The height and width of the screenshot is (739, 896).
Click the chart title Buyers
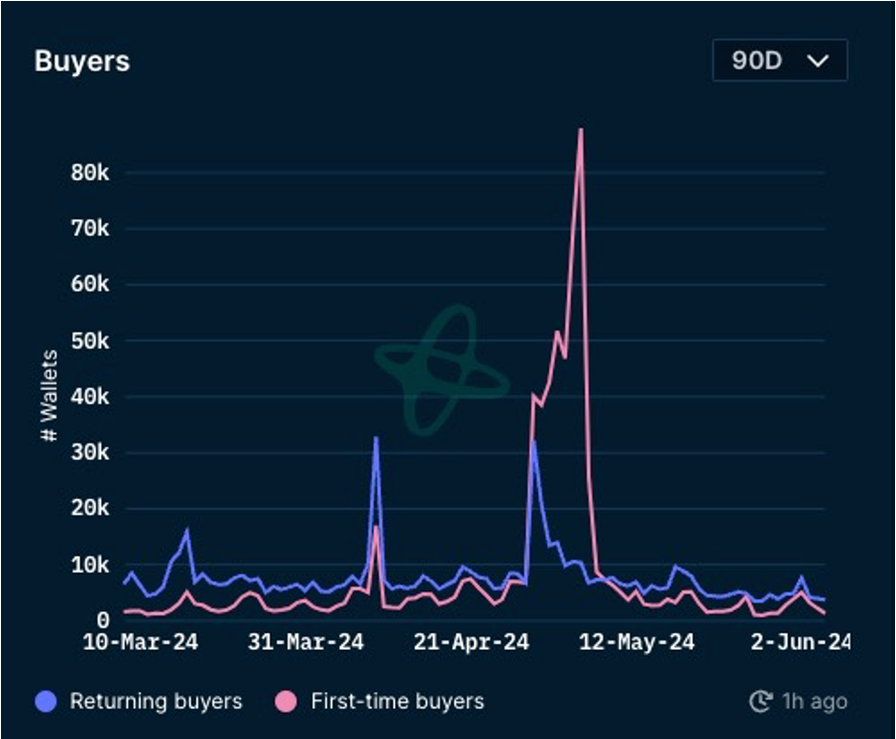[82, 60]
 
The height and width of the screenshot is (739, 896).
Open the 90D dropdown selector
[779, 60]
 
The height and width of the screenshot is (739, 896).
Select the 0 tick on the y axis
[102, 621]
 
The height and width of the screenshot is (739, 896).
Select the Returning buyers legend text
[156, 701]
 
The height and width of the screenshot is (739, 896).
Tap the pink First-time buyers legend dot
[285, 701]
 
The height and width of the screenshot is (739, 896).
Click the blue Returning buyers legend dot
[46, 701]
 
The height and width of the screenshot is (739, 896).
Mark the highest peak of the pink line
[580, 130]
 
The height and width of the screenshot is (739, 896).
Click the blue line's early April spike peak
[376, 438]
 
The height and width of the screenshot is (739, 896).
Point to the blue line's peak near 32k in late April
[533, 442]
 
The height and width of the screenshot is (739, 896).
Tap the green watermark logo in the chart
[441, 371]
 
